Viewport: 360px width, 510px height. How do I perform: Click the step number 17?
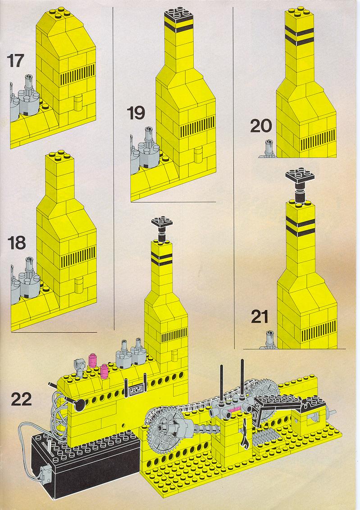pos(15,61)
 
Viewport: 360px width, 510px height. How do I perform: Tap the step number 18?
pos(16,243)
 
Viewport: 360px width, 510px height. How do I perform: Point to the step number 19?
pos(136,113)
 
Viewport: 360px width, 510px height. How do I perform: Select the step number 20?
pos(261,126)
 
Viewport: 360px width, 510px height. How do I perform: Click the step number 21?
pos(260,316)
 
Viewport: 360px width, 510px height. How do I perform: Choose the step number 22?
pos(22,399)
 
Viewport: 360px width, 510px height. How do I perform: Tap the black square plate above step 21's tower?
pos(301,176)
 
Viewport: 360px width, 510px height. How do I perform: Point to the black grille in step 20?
pos(318,140)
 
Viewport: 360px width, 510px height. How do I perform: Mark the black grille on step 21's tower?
pos(319,332)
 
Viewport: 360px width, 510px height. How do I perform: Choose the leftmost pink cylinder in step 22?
pos(93,361)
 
